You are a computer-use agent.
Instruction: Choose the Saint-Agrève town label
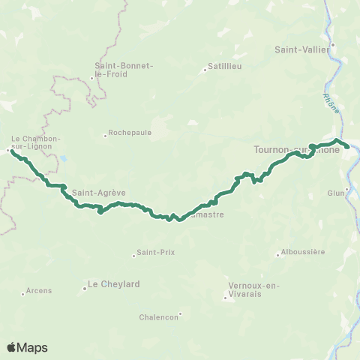[91, 190]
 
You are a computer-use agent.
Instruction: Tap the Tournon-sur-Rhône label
[296, 149]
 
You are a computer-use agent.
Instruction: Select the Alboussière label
[304, 252]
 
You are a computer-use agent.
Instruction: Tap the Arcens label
[38, 290]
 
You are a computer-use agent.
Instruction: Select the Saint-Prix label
[157, 252]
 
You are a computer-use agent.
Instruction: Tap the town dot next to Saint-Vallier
[333, 43]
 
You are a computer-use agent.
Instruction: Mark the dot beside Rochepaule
[105, 136]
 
